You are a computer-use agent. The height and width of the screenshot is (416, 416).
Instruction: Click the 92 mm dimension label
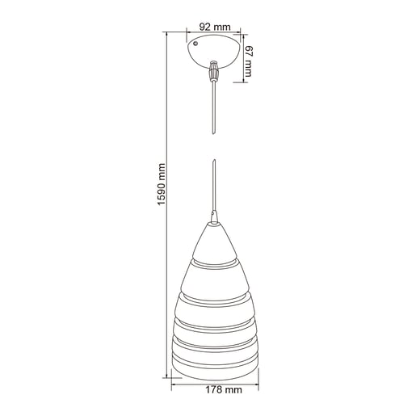coord(215,27)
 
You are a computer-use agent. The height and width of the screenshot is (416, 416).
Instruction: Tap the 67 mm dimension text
coord(249,61)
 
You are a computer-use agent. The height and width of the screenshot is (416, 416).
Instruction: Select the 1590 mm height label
coord(162,184)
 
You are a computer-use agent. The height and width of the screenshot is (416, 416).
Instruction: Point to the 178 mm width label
coord(224,389)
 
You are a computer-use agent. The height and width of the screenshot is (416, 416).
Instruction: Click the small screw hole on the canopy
coord(195,44)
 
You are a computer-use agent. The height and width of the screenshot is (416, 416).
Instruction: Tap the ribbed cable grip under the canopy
coord(214,70)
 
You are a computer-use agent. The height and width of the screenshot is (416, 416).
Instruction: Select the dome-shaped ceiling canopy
coord(213,51)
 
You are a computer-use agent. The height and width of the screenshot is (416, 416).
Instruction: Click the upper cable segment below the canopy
coord(214,107)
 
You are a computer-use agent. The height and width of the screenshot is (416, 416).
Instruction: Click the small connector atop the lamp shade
coord(214,217)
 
